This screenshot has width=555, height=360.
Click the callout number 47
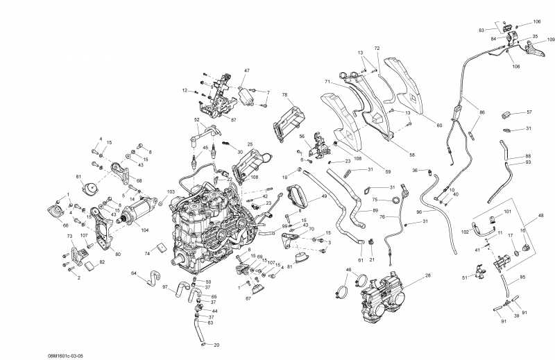246,71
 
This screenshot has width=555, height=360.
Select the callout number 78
284,94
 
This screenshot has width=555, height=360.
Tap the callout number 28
428,276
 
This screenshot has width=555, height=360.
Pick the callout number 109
551,40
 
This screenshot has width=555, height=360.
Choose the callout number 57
529,112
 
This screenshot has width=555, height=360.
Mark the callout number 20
216,345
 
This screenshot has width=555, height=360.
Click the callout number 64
134,273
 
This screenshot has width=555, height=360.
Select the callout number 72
377,49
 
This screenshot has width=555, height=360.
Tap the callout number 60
439,125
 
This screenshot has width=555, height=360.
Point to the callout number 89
375,210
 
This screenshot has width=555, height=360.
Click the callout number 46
348,269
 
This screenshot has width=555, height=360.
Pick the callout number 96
419,212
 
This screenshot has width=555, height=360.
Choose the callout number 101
507,211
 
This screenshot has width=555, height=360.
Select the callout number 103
171,191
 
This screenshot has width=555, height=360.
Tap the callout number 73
69,237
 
